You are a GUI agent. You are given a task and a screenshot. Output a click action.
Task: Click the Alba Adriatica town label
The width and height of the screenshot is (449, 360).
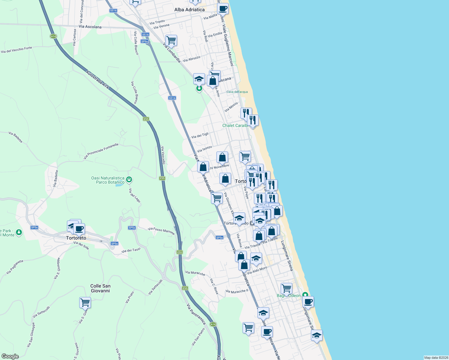point(189,10)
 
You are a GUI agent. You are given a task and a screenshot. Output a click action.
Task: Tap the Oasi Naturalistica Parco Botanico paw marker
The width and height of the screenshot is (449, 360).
point(129,180)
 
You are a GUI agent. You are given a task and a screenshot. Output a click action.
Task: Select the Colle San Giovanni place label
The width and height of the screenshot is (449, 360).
point(100,288)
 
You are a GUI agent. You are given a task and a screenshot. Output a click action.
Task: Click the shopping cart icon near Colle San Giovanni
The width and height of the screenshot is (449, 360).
point(85,302)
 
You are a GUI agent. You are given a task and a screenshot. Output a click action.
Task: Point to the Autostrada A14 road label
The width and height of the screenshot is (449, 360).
point(97,80)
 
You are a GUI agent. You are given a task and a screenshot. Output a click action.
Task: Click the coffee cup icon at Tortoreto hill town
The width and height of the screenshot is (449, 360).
point(79,229)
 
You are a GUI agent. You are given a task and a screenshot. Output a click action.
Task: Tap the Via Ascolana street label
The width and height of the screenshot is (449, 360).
point(90,27)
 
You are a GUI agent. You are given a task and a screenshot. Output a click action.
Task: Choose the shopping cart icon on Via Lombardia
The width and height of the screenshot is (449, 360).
point(171,40)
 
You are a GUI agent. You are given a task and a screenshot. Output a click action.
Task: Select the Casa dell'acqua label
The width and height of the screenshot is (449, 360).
point(237,92)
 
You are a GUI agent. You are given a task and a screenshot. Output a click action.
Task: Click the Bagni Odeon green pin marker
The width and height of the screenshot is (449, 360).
point(305,295)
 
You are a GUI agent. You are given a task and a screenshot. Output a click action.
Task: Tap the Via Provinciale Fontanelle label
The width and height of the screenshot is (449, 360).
point(101,151)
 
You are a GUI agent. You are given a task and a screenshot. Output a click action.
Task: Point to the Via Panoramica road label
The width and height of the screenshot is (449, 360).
point(196,314)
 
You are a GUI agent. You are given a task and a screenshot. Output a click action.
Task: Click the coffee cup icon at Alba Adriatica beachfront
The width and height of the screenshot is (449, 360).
point(223,8)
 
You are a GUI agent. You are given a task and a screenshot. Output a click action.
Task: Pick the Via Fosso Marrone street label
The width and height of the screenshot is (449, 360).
point(161,231)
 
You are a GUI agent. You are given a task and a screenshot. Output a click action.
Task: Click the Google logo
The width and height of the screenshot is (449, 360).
point(10,356)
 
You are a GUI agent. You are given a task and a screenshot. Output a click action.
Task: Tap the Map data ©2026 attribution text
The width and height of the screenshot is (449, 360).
point(435,358)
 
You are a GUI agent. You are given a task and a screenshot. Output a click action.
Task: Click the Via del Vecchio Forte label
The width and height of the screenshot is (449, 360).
point(17,50)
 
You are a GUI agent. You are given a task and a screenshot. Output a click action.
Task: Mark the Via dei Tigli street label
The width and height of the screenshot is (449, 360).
point(200,136)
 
